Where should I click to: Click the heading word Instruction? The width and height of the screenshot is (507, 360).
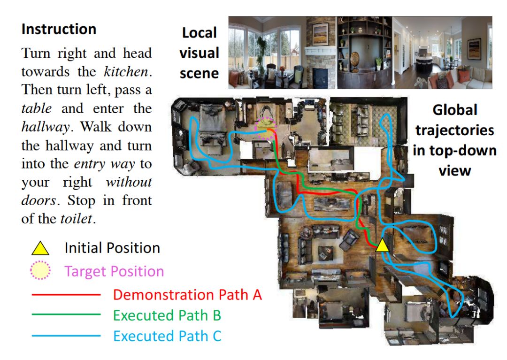(x=59, y=29)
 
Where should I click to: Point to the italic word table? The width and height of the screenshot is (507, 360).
(x=36, y=109)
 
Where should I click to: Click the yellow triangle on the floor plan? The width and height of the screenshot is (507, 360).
(x=382, y=245)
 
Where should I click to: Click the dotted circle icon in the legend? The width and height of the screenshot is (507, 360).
(x=40, y=271)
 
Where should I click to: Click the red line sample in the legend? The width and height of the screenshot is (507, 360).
(x=66, y=295)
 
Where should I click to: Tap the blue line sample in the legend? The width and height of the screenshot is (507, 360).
(x=66, y=336)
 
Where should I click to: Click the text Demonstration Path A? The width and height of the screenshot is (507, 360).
(x=187, y=295)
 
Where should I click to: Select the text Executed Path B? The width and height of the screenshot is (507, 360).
(x=167, y=315)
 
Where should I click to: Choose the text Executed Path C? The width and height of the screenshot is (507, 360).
(x=167, y=336)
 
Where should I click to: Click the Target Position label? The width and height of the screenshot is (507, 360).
(x=114, y=271)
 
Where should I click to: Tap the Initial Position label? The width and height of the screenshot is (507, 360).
(x=112, y=248)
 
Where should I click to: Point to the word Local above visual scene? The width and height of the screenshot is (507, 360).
(x=200, y=33)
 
